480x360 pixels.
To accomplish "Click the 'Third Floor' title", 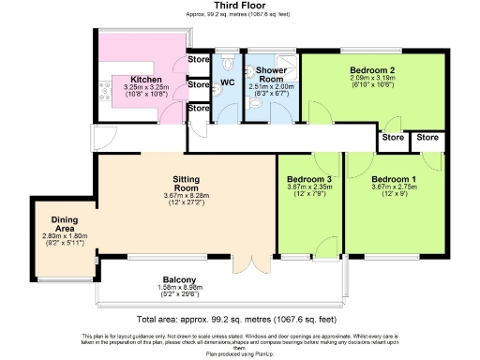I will point(239,6).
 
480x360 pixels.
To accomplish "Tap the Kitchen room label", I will point(145,79).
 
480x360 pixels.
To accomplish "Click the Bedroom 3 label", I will point(309,179).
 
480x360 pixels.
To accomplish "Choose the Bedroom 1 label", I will point(394,179).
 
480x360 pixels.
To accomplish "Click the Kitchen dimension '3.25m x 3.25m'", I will point(145,87).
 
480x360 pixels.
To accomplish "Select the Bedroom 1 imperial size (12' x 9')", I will point(394,195).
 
